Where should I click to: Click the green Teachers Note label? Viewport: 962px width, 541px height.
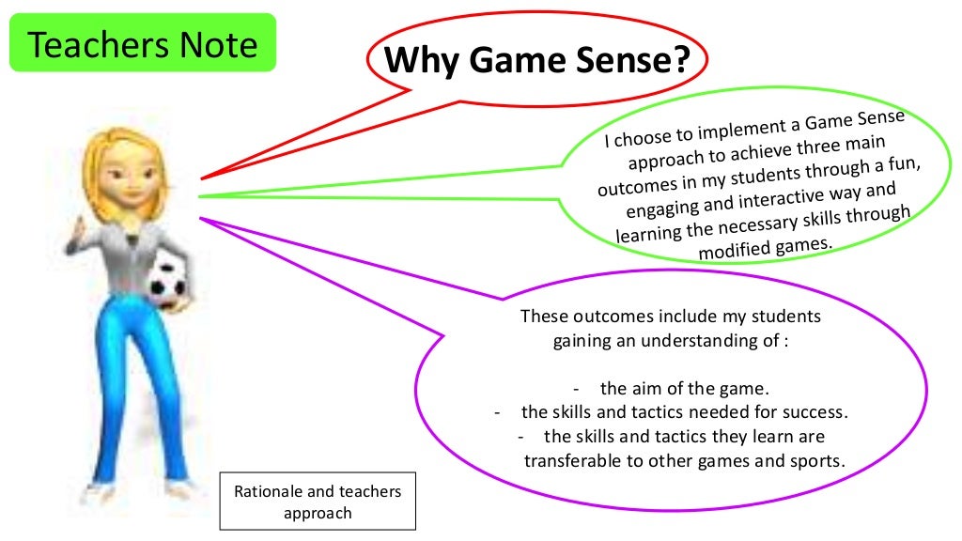143,43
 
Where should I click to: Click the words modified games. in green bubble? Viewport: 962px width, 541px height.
767,247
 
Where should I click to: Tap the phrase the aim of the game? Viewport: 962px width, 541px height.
684,388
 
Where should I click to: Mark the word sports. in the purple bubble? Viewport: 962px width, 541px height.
820,461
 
